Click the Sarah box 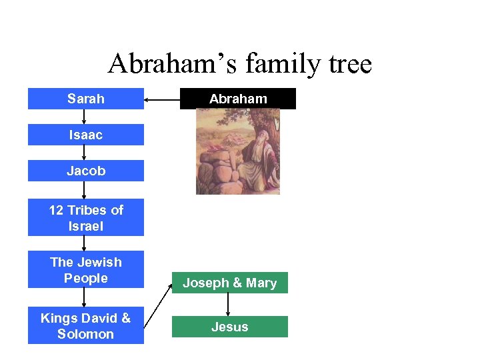pos(85,99)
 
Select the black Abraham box pos(237,99)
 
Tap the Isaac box pos(85,135)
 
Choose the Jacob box pos(85,171)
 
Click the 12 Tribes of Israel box pos(85,217)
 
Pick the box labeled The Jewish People pos(85,270)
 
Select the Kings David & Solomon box pos(85,326)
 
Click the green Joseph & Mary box pos(229,283)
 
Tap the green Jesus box pos(229,327)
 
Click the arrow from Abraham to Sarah pos(162,100)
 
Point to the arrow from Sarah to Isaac pos(84,117)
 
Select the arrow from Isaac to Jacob pos(84,153)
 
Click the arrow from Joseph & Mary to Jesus pos(229,304)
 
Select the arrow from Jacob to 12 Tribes pos(84,190)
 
